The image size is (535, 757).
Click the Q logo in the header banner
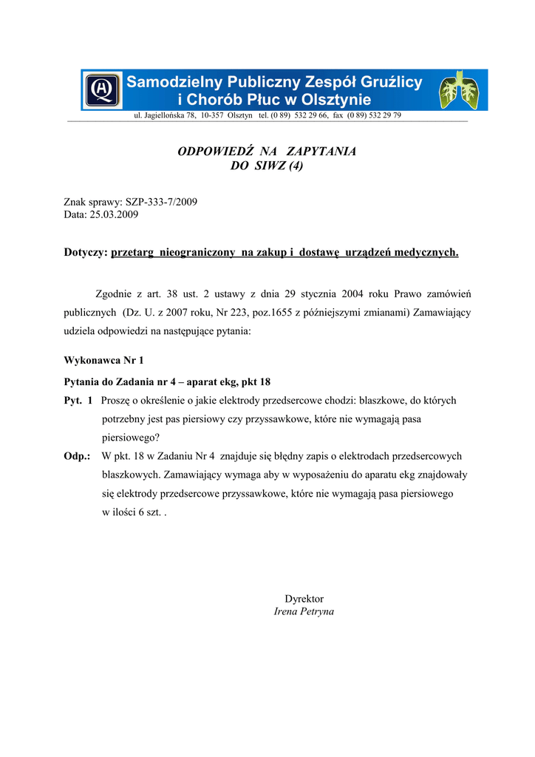point(103,90)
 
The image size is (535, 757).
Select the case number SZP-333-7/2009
point(161,202)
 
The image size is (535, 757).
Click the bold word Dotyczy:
point(86,253)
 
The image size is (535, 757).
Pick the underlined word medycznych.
point(426,253)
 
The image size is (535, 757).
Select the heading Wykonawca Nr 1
point(104,361)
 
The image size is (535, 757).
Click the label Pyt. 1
point(78,401)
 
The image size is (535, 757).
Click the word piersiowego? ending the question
point(131,437)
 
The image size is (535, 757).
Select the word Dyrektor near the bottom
point(304,599)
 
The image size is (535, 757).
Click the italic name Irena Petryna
point(304,612)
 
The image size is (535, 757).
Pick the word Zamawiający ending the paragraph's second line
point(442,313)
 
